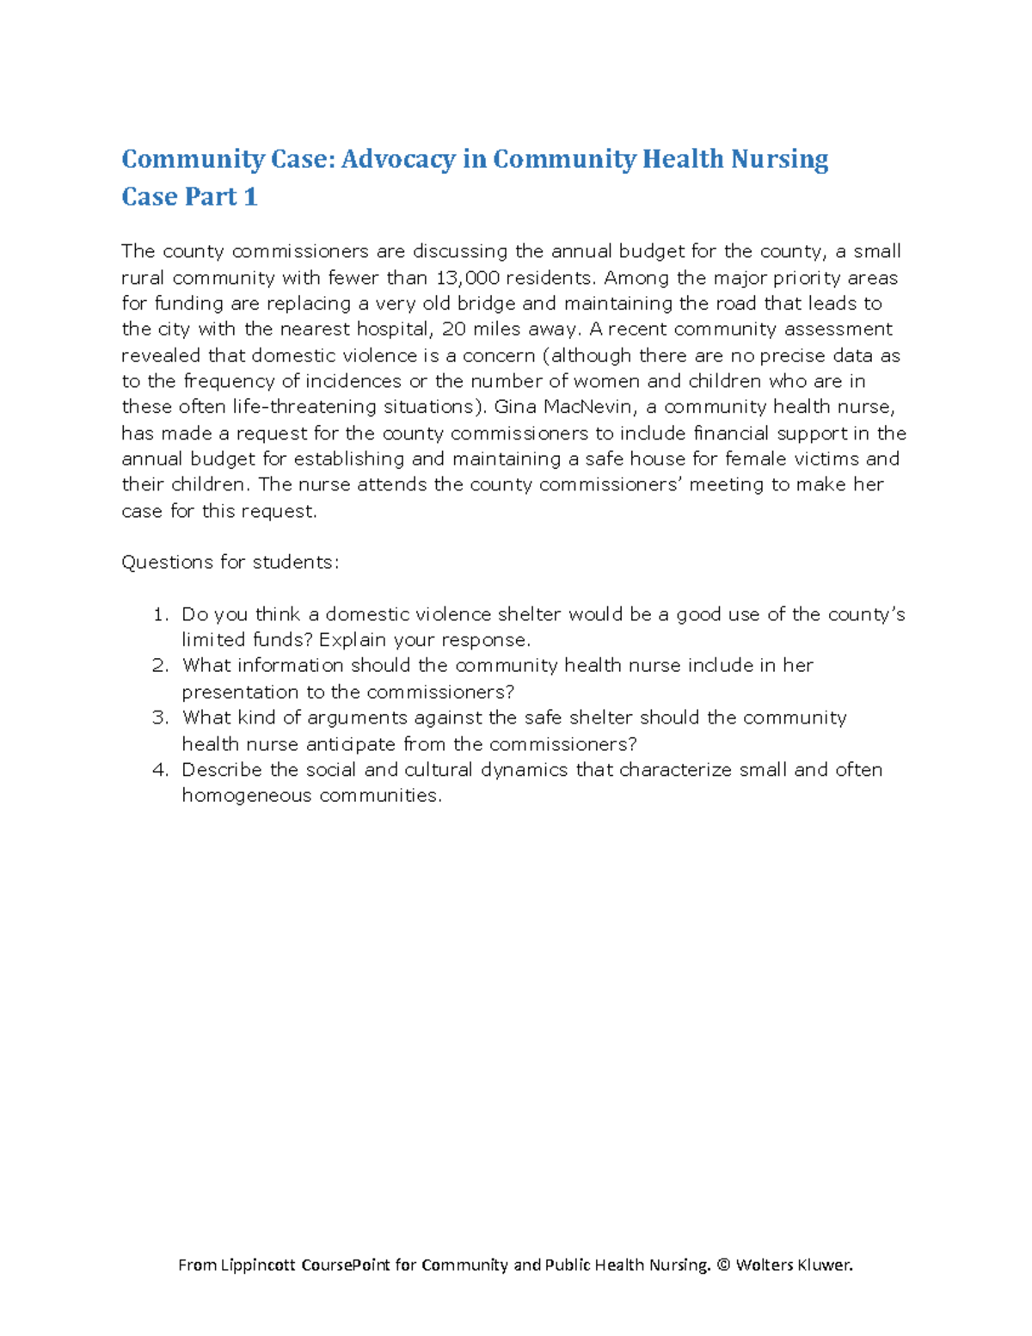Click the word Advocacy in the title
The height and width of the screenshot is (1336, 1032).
[399, 159]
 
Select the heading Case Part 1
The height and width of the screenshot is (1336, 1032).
[189, 197]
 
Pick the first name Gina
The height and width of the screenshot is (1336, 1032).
[516, 407]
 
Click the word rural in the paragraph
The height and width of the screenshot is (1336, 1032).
[144, 278]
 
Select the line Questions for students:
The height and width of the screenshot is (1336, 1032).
[230, 563]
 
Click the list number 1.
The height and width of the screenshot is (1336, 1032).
[159, 614]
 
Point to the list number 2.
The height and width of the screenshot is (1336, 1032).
[159, 666]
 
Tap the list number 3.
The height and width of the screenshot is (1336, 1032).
[159, 717]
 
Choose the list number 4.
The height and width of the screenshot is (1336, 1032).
[159, 770]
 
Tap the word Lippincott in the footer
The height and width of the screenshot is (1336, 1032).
[259, 1265]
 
